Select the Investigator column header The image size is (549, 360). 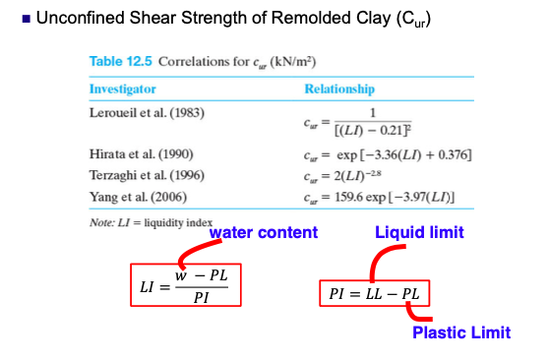click(122, 89)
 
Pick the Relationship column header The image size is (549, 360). click(339, 89)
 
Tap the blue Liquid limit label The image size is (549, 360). click(419, 232)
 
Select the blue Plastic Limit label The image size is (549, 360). click(460, 333)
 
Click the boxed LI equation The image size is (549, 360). click(185, 283)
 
